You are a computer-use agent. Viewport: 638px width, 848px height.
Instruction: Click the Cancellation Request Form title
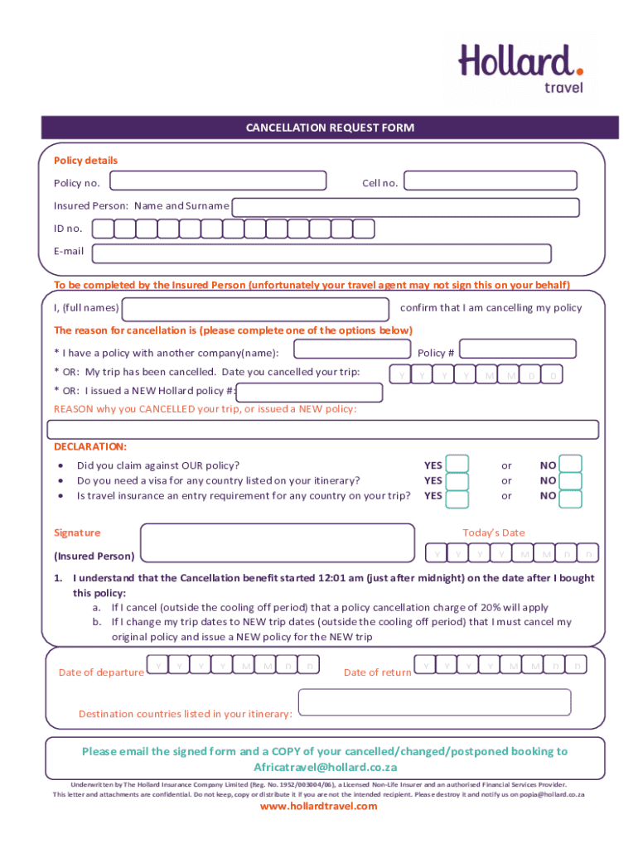click(330, 128)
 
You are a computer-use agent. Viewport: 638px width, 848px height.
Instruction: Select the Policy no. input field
click(225, 181)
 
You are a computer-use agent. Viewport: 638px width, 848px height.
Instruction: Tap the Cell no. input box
click(491, 181)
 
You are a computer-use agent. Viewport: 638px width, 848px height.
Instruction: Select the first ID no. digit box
click(104, 229)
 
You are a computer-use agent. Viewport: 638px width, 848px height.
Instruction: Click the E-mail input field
click(321, 253)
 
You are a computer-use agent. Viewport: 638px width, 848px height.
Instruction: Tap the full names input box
click(255, 309)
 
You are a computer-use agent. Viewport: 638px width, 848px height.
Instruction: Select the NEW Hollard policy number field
click(309, 393)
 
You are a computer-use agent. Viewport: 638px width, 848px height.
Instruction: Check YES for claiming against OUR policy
click(457, 465)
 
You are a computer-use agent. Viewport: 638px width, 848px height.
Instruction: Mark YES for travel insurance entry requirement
click(457, 497)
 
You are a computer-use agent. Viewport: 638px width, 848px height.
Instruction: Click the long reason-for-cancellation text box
click(323, 429)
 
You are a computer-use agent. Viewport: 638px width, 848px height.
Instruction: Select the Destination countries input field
click(434, 702)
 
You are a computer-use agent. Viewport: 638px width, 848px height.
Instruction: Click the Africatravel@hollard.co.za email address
click(324, 768)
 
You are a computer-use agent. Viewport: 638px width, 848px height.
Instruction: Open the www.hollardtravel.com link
click(319, 806)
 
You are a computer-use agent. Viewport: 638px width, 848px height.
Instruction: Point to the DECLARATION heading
click(90, 446)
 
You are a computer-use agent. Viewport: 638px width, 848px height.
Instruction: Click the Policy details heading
click(86, 161)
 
